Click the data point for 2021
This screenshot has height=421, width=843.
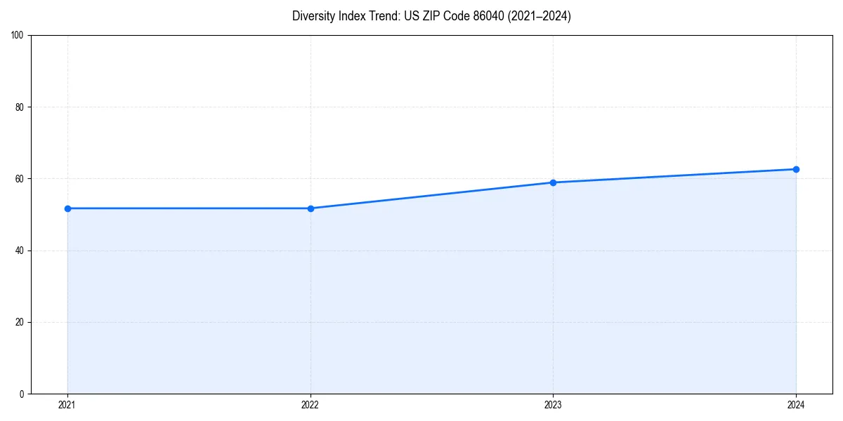pos(67,208)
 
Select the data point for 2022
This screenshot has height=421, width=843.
pos(311,208)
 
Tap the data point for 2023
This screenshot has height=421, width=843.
pos(553,182)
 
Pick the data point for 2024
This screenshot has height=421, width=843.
pos(796,169)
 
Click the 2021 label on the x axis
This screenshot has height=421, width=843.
pos(67,405)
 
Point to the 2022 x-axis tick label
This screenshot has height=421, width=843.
pos(311,405)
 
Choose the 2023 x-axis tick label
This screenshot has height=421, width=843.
pos(553,405)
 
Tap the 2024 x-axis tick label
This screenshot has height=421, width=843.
pos(796,405)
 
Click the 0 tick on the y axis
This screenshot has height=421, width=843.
pos(22,394)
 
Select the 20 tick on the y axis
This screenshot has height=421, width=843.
pos(20,322)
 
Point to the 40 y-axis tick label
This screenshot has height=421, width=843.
pos(20,250)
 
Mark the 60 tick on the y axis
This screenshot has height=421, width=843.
pos(20,179)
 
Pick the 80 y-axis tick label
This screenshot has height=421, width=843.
pos(20,107)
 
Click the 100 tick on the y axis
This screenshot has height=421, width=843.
pos(18,36)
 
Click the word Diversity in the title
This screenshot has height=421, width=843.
pos(313,16)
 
